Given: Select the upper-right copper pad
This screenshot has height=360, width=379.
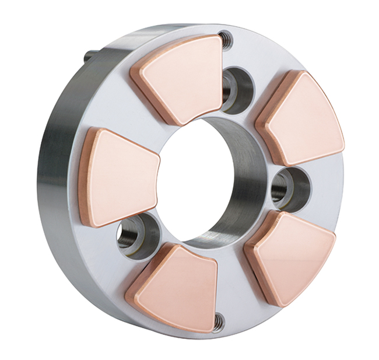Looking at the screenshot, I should [x=303, y=120].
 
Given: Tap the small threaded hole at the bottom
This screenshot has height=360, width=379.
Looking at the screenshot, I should [x=219, y=319].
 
